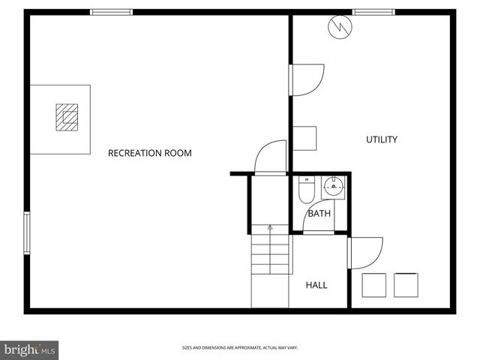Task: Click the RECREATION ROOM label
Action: point(150,153)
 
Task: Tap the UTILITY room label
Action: point(381,139)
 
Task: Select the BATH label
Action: point(319,214)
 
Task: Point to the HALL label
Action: point(316,285)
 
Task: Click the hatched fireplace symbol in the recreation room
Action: point(66,117)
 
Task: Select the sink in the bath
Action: point(332,185)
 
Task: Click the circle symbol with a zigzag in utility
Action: point(339,28)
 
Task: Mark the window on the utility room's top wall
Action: point(373,11)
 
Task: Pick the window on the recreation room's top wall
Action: point(112,11)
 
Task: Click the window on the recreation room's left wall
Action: point(27,232)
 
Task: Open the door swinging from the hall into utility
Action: point(366,253)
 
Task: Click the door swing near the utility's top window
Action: point(307,80)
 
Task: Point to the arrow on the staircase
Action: point(270,228)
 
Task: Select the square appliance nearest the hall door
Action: point(373,284)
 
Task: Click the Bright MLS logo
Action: point(30,349)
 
